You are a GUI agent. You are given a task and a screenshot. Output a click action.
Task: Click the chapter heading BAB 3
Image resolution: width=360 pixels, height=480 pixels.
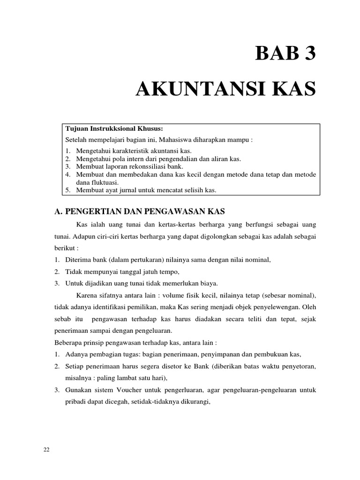tap(285, 54)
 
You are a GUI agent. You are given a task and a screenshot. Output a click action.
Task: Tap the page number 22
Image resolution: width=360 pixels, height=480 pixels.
tap(46, 450)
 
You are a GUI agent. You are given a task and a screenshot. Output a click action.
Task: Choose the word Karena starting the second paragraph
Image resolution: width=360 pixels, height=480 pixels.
tap(87, 295)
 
